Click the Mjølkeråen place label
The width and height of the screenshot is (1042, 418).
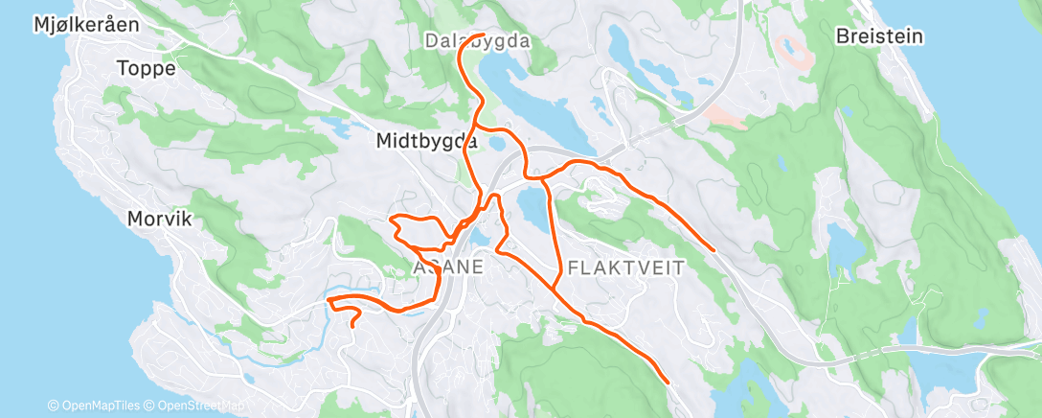pos(85,25)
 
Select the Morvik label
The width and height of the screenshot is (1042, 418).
pos(160,219)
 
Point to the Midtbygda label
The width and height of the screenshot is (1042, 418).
pos(426,141)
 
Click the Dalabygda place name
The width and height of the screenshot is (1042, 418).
pos(476,41)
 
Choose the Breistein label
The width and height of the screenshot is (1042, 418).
pos(878,36)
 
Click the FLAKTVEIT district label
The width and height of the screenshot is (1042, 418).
pos(625,267)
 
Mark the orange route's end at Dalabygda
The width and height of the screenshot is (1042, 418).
pos(478,21)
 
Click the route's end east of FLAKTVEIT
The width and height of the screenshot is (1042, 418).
pos(714,249)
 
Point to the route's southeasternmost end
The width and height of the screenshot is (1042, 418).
pos(665,383)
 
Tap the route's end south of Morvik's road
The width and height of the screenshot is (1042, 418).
pos(352,326)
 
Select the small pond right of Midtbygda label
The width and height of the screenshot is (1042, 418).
pos(496,142)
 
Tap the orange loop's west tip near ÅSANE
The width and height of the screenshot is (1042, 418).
pos(392,222)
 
